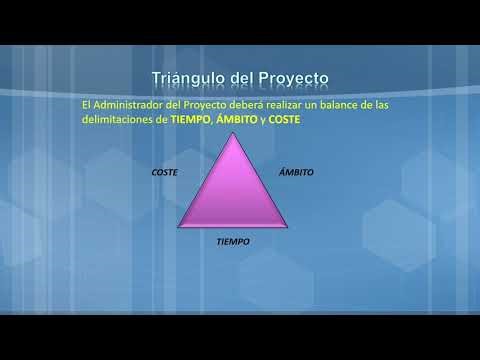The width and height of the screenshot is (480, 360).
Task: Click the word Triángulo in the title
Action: [x=186, y=78]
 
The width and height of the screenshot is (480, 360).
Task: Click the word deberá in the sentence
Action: [x=248, y=104]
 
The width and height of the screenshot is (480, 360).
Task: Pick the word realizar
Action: [x=290, y=104]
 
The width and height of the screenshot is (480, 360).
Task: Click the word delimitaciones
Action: [x=116, y=119]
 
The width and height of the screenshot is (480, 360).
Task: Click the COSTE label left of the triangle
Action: [x=164, y=172]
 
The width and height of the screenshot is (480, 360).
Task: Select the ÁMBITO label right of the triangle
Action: [x=296, y=172]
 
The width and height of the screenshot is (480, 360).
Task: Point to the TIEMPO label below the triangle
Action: [x=233, y=242]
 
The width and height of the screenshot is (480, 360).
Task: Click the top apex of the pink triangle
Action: [x=233, y=135]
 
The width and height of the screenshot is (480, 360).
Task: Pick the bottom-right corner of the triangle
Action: [x=287, y=227]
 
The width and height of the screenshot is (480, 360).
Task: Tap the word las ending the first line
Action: [x=397, y=104]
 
